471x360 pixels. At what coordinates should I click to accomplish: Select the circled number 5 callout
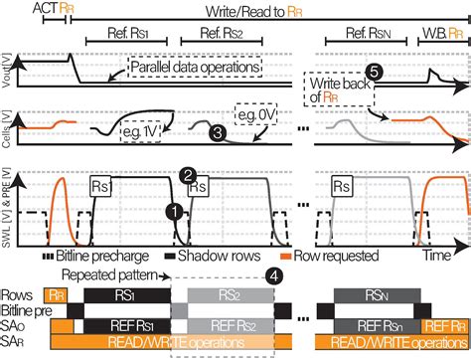click(x=373, y=73)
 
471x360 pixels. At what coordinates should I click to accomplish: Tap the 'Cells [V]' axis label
click(x=8, y=128)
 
